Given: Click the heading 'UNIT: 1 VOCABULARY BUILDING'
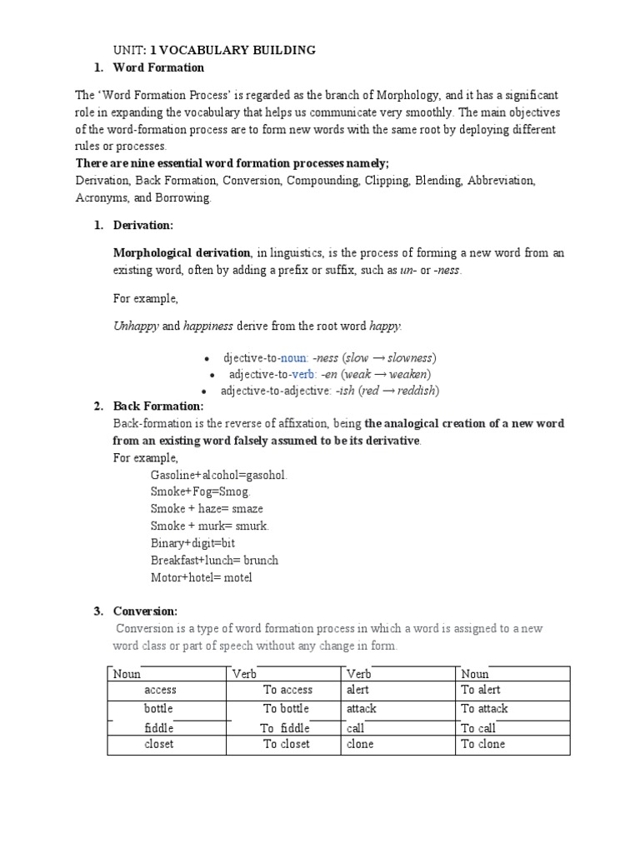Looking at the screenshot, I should click(214, 51).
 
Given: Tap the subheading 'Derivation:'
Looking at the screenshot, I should click(147, 226).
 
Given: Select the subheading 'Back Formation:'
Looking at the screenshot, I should click(157, 407).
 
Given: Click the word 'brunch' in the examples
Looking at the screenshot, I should click(261, 560).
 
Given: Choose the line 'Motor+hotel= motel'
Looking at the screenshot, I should click(201, 577).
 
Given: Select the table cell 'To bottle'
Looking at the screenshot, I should click(286, 709).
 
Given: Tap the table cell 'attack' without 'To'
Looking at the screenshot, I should click(361, 709).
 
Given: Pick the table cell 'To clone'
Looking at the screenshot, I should click(483, 744).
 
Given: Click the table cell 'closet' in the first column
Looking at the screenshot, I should click(158, 744).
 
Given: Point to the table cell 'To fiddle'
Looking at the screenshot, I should click(286, 727).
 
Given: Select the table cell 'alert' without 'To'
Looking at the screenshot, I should click(357, 691).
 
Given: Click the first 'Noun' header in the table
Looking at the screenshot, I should click(127, 674).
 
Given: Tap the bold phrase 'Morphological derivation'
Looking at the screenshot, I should click(182, 253).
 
